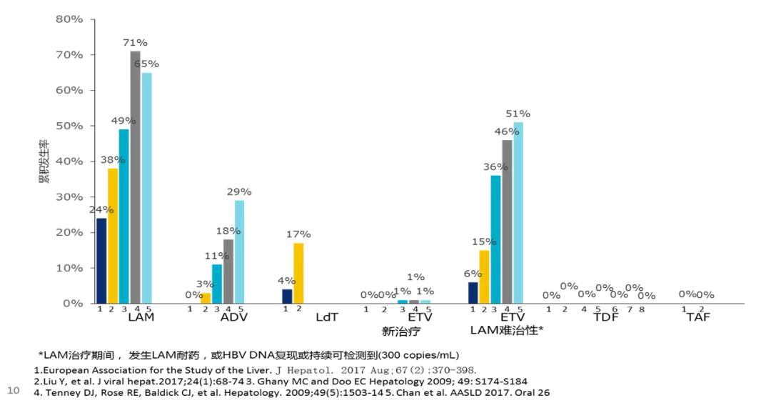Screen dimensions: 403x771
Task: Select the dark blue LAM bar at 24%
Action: pyautogui.click(x=101, y=260)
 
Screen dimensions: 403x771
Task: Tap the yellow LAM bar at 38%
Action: pyautogui.click(x=113, y=236)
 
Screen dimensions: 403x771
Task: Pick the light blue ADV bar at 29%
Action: pyautogui.click(x=239, y=252)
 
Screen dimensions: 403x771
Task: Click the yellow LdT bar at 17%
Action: pyautogui.click(x=298, y=273)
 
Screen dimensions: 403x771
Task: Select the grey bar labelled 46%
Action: pyautogui.click(x=507, y=222)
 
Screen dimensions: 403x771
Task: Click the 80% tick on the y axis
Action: pyautogui.click(x=70, y=19)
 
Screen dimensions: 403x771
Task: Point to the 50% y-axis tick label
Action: pyautogui.click(x=70, y=126)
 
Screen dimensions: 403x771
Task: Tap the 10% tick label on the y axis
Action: pyautogui.click(x=70, y=268)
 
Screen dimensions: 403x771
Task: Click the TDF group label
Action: pyautogui.click(x=606, y=317)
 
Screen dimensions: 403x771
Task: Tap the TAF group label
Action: pyautogui.click(x=698, y=317)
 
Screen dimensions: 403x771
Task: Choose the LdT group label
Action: pyautogui.click(x=327, y=317)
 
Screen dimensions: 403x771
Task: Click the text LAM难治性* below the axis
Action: pyautogui.click(x=507, y=330)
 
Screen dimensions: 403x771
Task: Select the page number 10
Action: pyautogui.click(x=13, y=390)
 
